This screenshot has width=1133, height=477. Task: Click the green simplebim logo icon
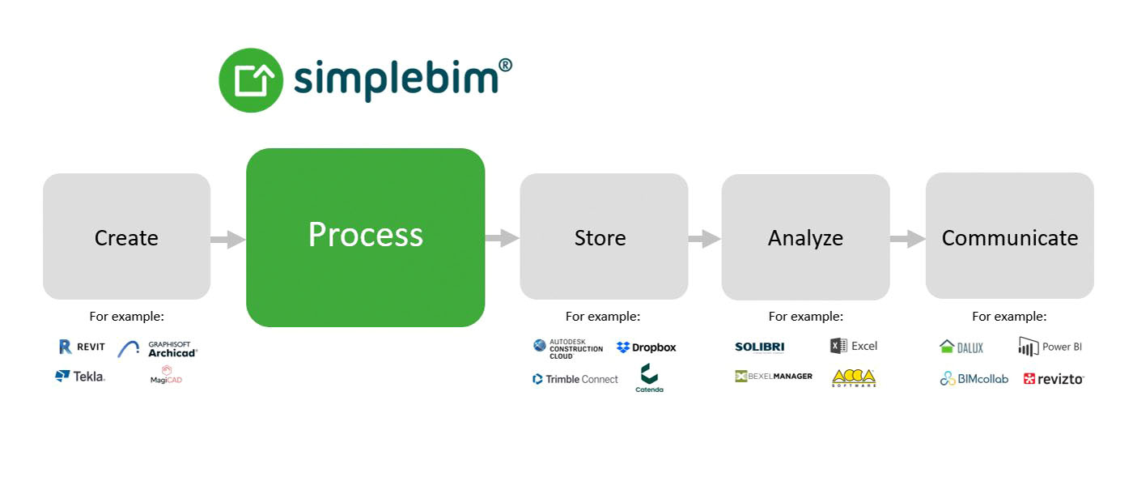tap(251, 80)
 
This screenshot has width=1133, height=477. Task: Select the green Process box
tap(365, 237)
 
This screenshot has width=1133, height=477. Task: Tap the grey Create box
tap(126, 237)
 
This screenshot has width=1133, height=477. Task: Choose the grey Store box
tap(603, 237)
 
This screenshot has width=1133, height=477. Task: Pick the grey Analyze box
tap(805, 237)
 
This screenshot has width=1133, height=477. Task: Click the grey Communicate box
tap(1009, 237)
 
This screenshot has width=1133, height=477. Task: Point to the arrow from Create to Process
tap(228, 239)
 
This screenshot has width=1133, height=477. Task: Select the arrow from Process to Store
tap(503, 238)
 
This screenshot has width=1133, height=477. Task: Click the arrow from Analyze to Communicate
tap(908, 239)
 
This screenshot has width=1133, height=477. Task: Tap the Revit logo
tap(82, 347)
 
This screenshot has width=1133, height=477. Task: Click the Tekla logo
tap(80, 376)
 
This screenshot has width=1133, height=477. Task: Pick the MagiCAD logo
tap(167, 375)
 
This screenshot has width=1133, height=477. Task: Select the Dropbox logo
tap(646, 347)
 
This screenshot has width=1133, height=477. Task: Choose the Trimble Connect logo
tap(575, 379)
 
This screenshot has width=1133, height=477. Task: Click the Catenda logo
tap(649, 378)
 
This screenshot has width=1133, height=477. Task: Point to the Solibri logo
tap(759, 347)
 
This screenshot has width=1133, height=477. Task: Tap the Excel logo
tap(854, 346)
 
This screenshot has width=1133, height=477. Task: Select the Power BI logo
tap(1050, 347)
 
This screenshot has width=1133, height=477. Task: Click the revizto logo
tap(1053, 378)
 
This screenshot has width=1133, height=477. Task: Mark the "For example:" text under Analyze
tap(805, 317)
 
